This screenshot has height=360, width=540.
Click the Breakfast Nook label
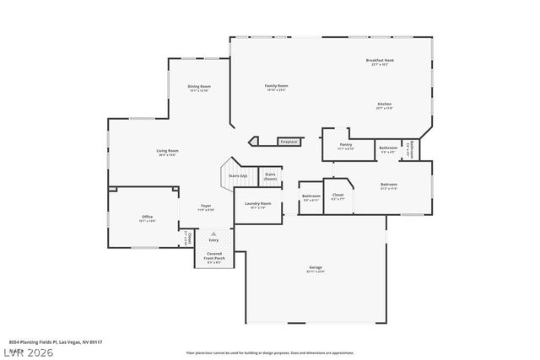click(380, 61)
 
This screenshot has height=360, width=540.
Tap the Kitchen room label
click(385, 105)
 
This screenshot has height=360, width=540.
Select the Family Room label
click(277, 86)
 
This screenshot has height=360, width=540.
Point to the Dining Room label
click(199, 87)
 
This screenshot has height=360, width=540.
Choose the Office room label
click(147, 218)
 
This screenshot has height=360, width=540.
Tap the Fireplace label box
click(289, 142)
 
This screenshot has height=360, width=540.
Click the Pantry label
click(346, 145)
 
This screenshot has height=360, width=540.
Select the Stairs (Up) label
click(238, 176)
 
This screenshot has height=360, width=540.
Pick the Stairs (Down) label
click(270, 176)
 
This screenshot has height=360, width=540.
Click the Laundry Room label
click(257, 204)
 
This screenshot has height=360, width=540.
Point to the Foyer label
click(205, 207)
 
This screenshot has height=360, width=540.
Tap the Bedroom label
click(388, 185)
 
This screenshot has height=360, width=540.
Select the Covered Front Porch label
click(214, 255)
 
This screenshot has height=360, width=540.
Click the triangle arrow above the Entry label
click(213, 234)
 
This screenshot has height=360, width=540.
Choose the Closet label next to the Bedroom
click(337, 196)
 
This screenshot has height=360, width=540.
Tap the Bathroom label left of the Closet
click(310, 197)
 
